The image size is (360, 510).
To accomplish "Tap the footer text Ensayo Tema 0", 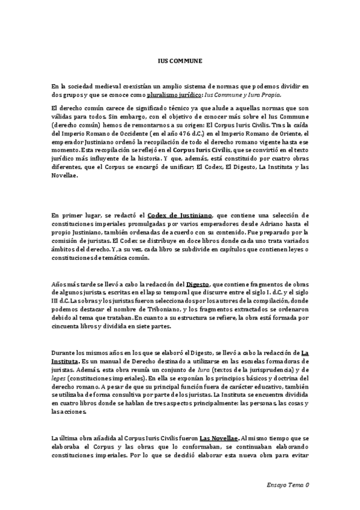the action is [287, 484].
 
